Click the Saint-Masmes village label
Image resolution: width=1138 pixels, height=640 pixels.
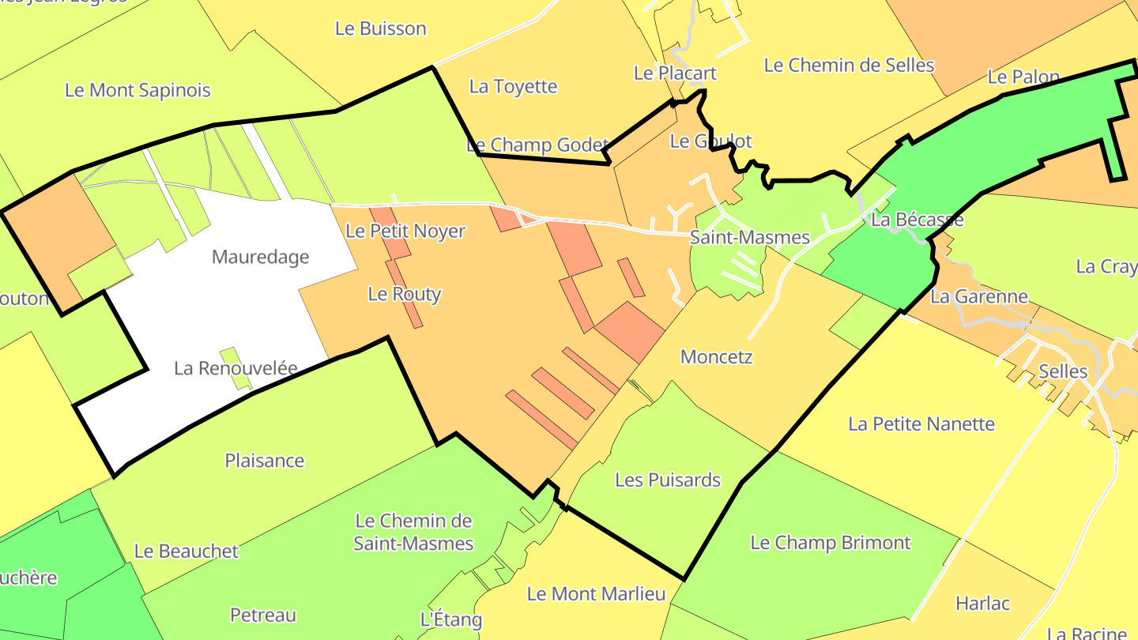coord(749,237)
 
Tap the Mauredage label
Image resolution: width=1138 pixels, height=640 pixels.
coord(261,257)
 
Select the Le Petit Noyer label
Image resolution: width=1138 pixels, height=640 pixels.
coord(405,232)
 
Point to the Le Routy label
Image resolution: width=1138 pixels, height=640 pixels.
coord(405,294)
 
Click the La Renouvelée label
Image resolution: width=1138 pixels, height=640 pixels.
coord(236,368)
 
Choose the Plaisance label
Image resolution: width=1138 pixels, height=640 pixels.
coord(265,461)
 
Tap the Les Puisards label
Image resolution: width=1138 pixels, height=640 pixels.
coord(668,480)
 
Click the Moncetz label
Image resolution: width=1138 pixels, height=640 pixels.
coord(716,356)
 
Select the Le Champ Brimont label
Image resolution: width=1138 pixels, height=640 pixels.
coord(830,543)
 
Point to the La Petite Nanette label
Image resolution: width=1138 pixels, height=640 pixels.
coord(921,424)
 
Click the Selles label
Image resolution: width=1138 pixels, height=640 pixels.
coord(1063,371)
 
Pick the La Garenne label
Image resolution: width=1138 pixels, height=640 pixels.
coord(979,296)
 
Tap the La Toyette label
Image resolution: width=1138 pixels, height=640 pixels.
coord(513,86)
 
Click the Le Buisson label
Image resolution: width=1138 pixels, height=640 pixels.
coord(381,28)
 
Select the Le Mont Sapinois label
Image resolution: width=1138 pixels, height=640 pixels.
coord(138,90)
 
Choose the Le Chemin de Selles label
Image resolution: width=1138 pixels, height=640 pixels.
coord(849,65)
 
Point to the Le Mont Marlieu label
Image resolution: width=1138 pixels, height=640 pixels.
coord(596,593)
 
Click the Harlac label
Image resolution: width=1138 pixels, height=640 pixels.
coord(982,604)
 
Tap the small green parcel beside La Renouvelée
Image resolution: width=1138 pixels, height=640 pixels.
coord(236,368)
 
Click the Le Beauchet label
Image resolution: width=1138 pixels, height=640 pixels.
coord(186,551)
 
